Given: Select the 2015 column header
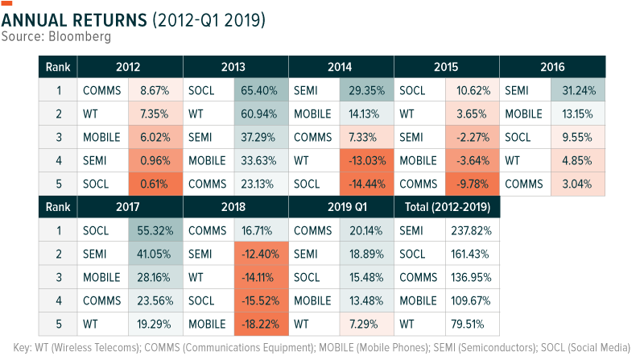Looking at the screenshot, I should (x=447, y=67).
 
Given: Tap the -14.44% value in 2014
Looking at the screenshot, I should (x=366, y=184).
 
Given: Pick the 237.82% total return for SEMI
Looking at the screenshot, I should (x=472, y=230).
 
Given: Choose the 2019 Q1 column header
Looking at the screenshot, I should (x=341, y=207).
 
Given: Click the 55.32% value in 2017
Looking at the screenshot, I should (x=155, y=230).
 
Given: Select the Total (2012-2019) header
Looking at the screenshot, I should (x=447, y=207).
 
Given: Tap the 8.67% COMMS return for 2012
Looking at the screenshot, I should (x=155, y=91).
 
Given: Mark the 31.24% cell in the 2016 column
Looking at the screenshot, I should (x=577, y=91).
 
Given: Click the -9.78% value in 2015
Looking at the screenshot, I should (x=472, y=184).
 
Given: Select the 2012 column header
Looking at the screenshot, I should (x=130, y=67).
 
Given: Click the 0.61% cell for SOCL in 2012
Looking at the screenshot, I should (x=155, y=184).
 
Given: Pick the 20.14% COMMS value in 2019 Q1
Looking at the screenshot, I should (x=366, y=230).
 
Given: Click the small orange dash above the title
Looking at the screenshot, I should (x=6, y=2).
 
